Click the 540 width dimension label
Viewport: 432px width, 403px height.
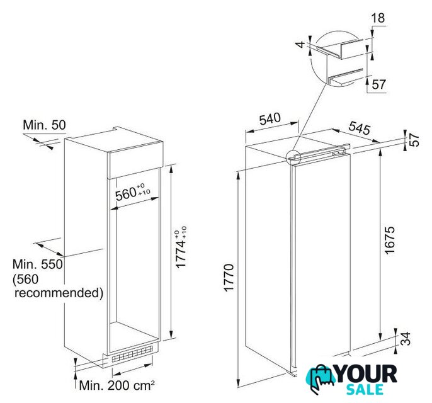270,119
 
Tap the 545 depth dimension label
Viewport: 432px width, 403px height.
359,128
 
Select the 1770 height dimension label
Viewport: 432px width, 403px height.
229,278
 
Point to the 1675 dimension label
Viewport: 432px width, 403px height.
390,240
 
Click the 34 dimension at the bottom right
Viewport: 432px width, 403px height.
406,339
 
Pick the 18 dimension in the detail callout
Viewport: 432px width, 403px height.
378,18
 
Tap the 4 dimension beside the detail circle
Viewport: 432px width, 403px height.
302,44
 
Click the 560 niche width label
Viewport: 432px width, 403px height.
132,193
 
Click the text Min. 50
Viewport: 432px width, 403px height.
44,125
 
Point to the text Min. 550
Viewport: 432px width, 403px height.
38,264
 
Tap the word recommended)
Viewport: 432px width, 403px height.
59,293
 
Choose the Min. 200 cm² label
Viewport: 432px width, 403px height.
117,385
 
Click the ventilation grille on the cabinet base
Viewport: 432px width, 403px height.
132,354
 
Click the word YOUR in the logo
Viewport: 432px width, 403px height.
367,374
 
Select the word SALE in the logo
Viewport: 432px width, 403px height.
365,390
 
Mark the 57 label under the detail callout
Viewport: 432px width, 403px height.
379,84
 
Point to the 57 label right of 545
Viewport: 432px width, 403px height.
414,140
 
